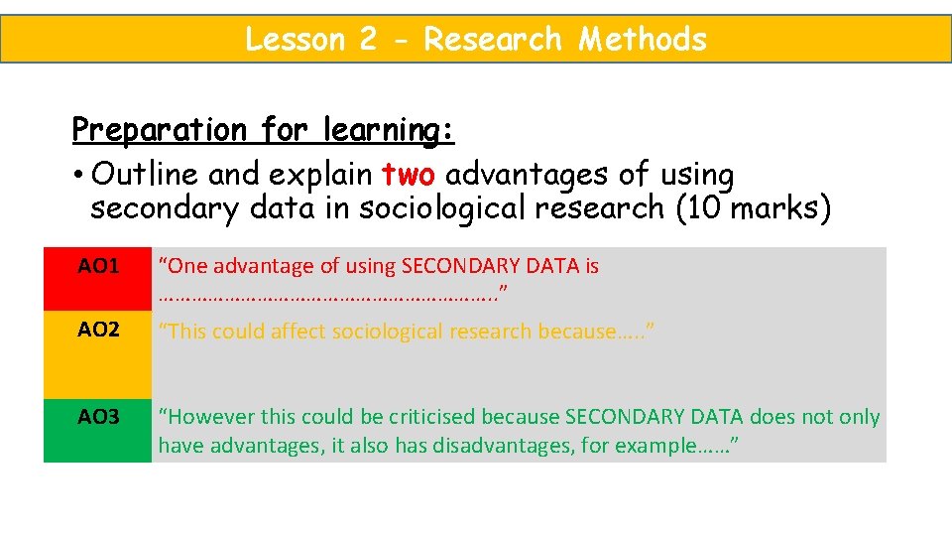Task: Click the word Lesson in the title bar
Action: tap(295, 40)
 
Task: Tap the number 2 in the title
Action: tap(369, 40)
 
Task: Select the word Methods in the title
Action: tap(643, 40)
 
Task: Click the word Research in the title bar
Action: tap(494, 40)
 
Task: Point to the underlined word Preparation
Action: tap(159, 130)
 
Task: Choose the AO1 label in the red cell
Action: tap(98, 266)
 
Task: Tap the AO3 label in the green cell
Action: tap(98, 417)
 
